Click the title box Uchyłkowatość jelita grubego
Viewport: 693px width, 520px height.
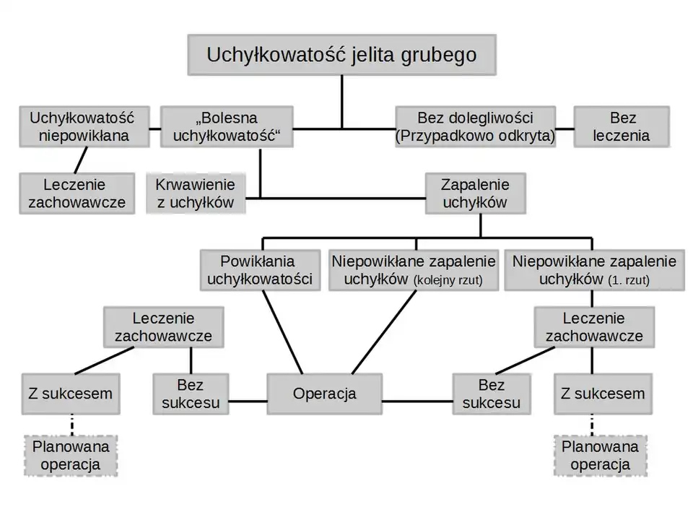pyautogui.click(x=341, y=55)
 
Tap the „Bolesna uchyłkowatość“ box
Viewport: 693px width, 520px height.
pyautogui.click(x=227, y=126)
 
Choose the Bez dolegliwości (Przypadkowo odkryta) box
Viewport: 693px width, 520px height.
pyautogui.click(x=476, y=126)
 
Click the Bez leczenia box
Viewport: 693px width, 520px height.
pyautogui.click(x=621, y=126)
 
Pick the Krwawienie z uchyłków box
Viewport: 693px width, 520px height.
pyautogui.click(x=195, y=194)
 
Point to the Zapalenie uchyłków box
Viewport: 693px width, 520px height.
pyautogui.click(x=474, y=194)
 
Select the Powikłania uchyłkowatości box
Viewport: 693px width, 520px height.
pyautogui.click(x=260, y=270)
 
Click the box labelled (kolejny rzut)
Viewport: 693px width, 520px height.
pyautogui.click(x=414, y=270)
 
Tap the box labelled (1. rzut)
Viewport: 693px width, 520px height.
pyautogui.click(x=594, y=270)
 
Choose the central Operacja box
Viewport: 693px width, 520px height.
pyautogui.click(x=324, y=394)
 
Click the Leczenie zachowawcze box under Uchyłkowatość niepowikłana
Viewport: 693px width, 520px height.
pyautogui.click(x=77, y=194)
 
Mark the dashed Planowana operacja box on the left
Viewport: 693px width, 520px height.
pyautogui.click(x=71, y=456)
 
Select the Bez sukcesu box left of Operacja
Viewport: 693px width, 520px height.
pyautogui.click(x=191, y=394)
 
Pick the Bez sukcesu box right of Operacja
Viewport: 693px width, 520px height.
pyautogui.click(x=491, y=394)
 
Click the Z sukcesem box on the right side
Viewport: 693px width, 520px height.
pyautogui.click(x=603, y=394)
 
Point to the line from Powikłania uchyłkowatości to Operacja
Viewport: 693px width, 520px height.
pyautogui.click(x=282, y=332)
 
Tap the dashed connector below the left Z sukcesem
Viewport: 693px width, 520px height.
pyautogui.click(x=71, y=425)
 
